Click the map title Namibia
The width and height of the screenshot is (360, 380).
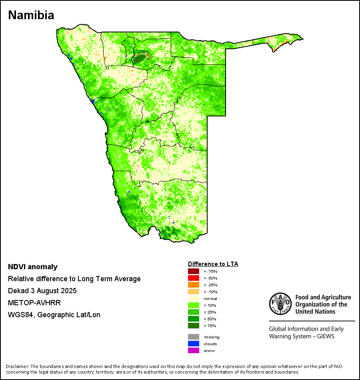31,15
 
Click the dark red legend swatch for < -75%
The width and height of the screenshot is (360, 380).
193,272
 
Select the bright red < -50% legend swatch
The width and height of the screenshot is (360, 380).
193,278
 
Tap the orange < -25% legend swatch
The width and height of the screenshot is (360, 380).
193,285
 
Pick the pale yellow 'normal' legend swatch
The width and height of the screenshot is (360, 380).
193,299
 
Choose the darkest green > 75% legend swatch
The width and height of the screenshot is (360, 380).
193,326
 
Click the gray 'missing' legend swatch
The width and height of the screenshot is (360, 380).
193,337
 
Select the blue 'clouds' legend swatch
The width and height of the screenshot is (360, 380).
193,344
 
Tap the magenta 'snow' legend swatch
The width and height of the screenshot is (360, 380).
193,350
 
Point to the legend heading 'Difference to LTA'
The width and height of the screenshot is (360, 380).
213,264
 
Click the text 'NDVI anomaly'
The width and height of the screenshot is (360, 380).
33,267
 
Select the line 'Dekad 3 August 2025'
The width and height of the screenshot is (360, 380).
42,291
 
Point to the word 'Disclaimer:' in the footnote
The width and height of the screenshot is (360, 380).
18,366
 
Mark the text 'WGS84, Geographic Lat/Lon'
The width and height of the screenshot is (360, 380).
54,315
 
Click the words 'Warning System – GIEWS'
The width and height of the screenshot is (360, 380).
302,336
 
